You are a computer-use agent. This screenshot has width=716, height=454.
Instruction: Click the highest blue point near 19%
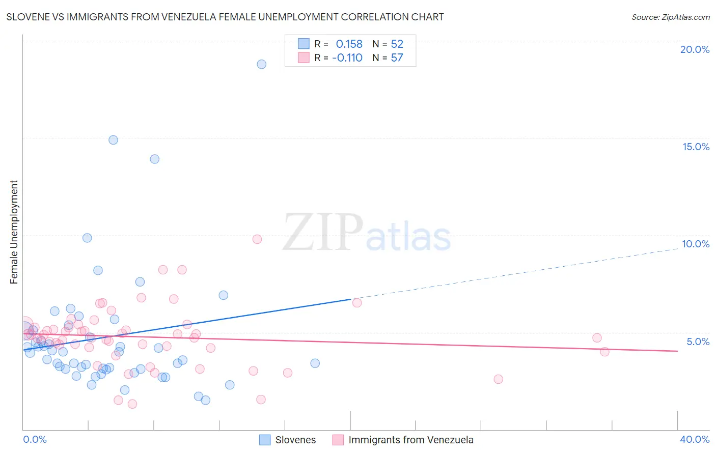click(261, 64)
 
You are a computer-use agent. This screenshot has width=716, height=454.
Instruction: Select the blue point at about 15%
click(113, 140)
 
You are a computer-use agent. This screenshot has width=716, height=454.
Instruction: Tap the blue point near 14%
click(154, 159)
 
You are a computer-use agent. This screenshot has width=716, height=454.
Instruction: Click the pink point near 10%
click(257, 239)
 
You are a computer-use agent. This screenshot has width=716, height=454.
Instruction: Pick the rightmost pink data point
click(604, 352)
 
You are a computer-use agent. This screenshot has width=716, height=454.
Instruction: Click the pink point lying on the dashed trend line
click(357, 303)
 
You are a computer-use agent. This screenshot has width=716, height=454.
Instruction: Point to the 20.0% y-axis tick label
click(695, 49)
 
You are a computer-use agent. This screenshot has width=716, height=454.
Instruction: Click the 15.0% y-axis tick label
click(696, 147)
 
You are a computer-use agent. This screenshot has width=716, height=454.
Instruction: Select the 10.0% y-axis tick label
click(696, 244)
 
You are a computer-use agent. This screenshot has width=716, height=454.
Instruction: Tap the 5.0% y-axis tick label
click(698, 342)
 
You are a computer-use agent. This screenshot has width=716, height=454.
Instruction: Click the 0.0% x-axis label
click(35, 439)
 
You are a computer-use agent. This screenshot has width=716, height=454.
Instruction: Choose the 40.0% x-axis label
click(694, 439)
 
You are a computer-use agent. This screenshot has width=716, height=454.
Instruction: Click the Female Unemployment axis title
click(14, 232)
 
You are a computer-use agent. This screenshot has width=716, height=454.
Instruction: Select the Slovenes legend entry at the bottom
click(295, 440)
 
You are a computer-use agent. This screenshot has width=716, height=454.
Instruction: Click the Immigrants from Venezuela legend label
click(410, 440)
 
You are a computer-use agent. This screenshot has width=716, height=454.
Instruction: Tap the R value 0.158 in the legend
click(349, 44)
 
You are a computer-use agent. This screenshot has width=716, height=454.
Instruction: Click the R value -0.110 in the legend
click(347, 58)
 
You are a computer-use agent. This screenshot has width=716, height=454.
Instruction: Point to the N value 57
click(397, 58)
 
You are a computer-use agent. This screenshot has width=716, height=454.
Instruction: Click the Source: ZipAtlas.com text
click(670, 17)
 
